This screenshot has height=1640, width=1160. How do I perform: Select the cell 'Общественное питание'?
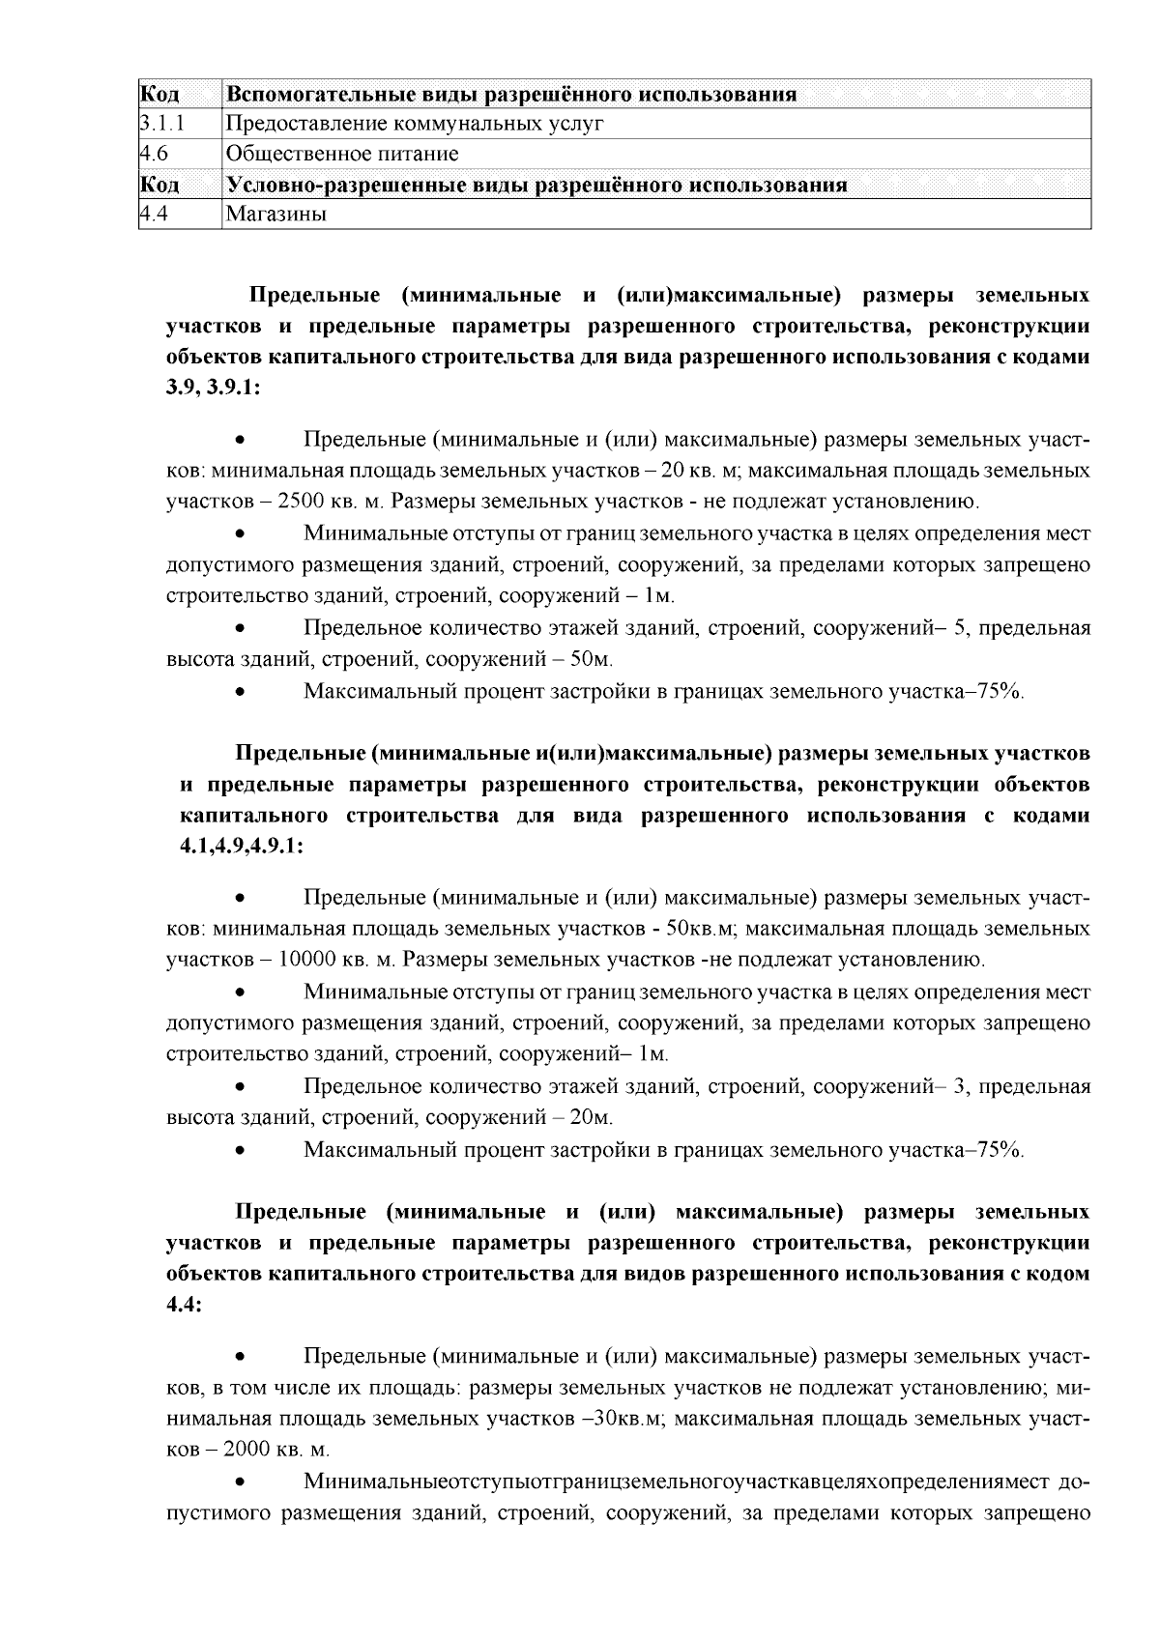(342, 154)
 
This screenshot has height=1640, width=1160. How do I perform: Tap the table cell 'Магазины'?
(275, 215)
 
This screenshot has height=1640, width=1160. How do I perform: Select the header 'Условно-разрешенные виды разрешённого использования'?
(536, 185)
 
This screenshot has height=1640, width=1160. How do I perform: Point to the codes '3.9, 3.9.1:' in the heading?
(214, 388)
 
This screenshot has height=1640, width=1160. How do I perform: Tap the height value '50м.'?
(592, 660)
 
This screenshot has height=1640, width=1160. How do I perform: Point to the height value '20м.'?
(592, 1118)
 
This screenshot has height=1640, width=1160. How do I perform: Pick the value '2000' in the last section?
(248, 1451)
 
